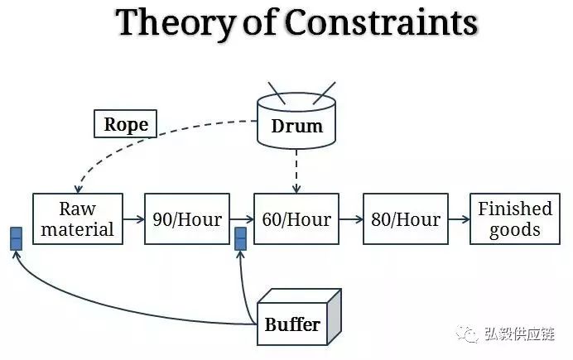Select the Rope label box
coord(125,124)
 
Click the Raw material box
coord(77,219)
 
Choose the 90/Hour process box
coord(186,219)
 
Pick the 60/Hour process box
coord(296,219)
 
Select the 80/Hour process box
coord(405,219)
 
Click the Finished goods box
coord(514,219)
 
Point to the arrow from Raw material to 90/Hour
coord(133,220)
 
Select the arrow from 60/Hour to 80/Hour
coord(351,220)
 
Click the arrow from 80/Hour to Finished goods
coord(460,220)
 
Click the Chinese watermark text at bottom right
coord(525,334)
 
